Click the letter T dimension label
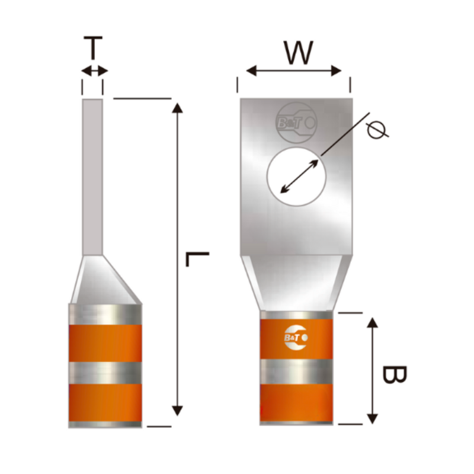click(93, 48)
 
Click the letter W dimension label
click(299, 53)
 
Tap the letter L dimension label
click(197, 259)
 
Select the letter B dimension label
click(394, 374)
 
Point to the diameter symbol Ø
click(377, 129)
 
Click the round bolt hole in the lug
click(297, 177)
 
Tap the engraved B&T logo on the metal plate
click(297, 123)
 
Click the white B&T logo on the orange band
click(296, 338)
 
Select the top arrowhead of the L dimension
click(177, 108)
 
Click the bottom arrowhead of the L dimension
click(177, 411)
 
